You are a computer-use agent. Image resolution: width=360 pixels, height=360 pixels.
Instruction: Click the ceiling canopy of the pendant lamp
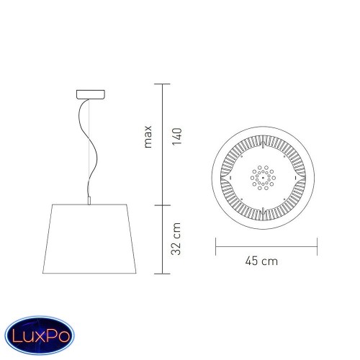[91, 94]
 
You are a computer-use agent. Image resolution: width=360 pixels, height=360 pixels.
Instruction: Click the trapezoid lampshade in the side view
[89, 239]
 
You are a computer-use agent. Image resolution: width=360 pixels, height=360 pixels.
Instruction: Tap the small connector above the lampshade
[89, 201]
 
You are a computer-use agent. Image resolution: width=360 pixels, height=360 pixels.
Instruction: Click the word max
[148, 136]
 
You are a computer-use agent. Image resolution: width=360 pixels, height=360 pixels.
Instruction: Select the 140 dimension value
[177, 136]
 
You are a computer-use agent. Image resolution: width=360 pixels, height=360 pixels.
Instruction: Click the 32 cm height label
[176, 239]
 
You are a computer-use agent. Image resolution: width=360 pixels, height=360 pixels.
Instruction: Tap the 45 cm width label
[261, 261]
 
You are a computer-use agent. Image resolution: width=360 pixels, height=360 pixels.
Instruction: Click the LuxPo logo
[40, 336]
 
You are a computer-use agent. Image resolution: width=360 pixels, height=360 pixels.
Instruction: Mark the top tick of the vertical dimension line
[162, 84]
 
